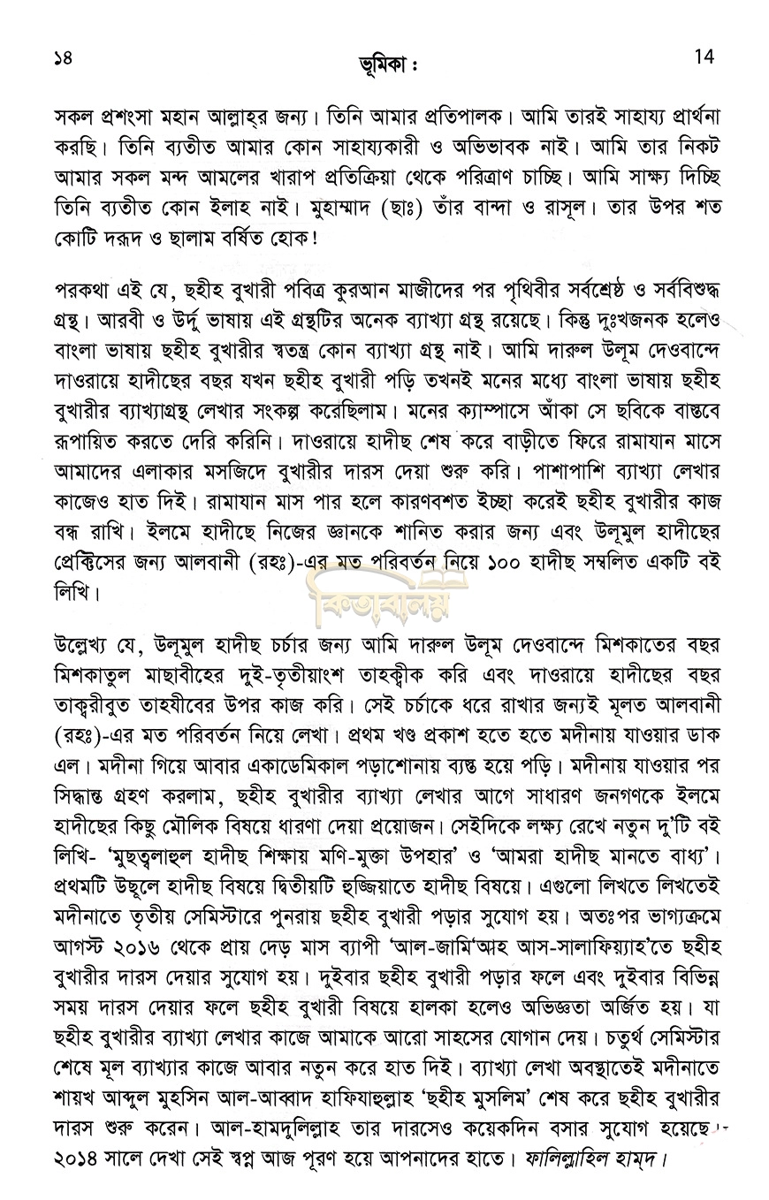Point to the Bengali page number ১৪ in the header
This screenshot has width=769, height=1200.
click(64, 59)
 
